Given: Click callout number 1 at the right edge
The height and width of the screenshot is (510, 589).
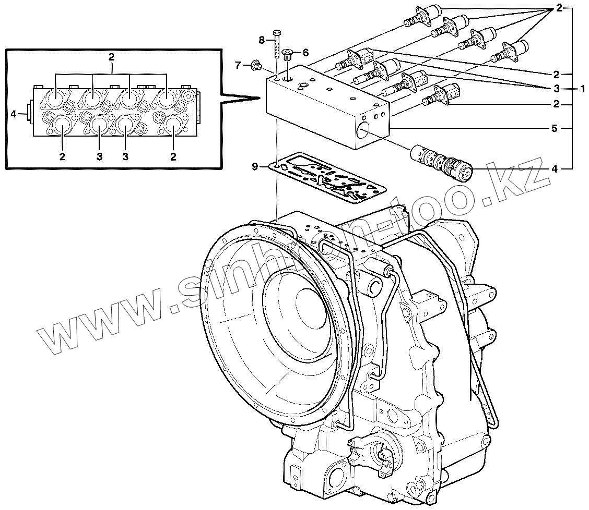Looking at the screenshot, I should tap(582, 89).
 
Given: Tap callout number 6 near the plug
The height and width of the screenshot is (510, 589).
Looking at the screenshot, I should tap(305, 52).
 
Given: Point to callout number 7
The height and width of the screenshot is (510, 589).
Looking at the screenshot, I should tap(238, 65).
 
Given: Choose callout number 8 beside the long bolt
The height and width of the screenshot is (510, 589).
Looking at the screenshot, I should tap(262, 40).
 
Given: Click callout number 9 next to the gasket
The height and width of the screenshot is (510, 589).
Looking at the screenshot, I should tap(255, 166).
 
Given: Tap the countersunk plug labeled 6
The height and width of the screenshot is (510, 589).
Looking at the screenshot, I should tap(288, 53).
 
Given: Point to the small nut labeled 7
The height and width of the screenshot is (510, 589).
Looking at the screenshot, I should tap(256, 65).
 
